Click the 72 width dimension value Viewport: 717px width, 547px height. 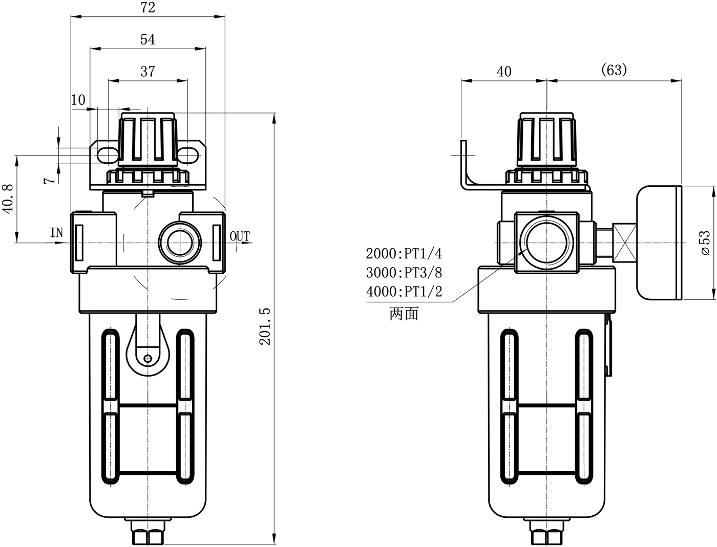147,8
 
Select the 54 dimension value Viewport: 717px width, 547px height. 147,39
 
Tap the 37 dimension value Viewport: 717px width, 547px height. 147,72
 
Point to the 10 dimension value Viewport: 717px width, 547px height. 78,100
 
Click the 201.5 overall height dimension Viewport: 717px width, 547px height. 265,326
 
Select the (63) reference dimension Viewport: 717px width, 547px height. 614,70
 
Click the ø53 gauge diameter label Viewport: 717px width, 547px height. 705,242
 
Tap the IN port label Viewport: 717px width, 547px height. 57,233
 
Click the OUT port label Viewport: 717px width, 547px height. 239,236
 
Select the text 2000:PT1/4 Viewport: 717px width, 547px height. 404,253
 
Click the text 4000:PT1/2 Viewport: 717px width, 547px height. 404,292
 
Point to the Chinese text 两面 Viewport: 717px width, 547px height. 404,314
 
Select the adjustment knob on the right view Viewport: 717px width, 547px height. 547,141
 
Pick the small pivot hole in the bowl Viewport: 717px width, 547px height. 147,358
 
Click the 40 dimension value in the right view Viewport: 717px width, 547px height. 504,72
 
